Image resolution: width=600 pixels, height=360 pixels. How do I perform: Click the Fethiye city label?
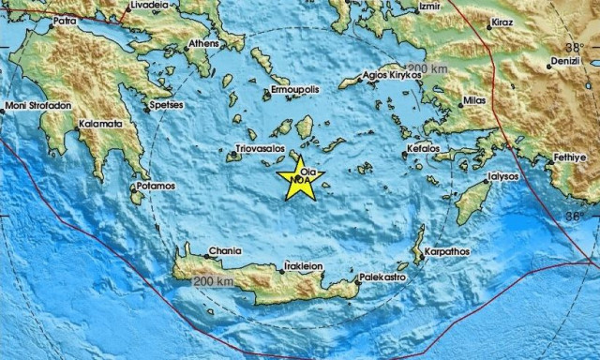point(570,157)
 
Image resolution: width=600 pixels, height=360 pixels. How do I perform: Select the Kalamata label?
point(99,123)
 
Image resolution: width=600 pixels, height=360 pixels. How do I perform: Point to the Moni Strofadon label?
point(37,106)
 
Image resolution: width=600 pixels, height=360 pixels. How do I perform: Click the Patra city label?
point(65,18)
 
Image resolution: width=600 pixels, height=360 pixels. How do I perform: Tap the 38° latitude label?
point(573,47)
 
